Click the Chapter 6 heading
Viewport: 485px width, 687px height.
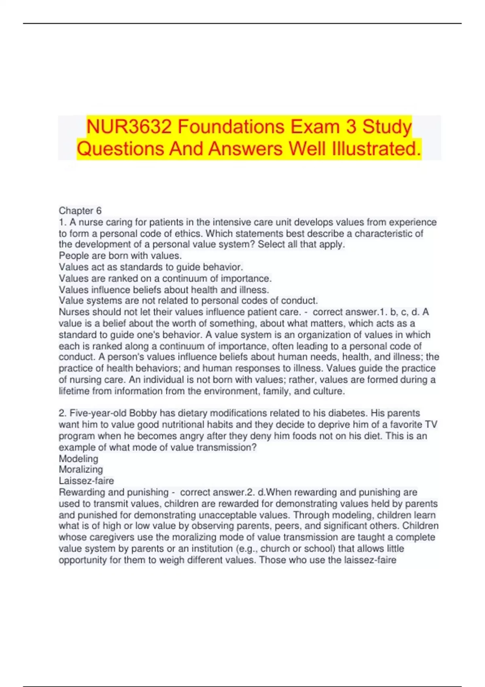[x=80, y=211]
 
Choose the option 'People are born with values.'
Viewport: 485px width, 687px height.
[x=120, y=256]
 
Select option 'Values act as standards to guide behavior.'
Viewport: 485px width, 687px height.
[x=151, y=267]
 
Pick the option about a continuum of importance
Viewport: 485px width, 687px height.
[x=165, y=278]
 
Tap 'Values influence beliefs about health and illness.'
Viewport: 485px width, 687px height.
[x=164, y=290]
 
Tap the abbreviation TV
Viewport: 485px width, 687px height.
[x=431, y=425]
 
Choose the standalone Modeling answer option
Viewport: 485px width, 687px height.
[x=78, y=459]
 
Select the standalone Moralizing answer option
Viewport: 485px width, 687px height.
[x=81, y=470]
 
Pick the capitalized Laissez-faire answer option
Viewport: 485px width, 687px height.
[x=86, y=481]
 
